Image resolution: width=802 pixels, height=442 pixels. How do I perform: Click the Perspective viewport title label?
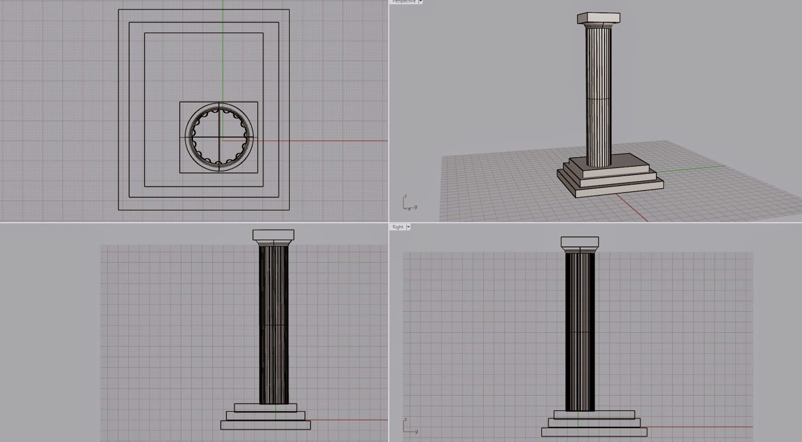[404, 2]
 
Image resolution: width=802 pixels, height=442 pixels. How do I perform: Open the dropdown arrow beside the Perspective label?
[421, 2]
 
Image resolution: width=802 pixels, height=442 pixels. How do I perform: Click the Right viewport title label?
[398, 227]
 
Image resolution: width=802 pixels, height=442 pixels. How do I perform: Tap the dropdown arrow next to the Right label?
[409, 227]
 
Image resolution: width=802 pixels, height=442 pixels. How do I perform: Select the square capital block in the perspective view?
[598, 19]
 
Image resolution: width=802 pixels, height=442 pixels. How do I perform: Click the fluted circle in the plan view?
[219, 137]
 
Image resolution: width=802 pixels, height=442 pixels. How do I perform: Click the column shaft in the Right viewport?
[580, 331]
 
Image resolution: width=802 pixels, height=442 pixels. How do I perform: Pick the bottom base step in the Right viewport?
[593, 431]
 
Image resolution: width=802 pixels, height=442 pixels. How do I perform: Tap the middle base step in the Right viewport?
[593, 422]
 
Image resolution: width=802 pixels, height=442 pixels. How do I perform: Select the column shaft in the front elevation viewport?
[274, 326]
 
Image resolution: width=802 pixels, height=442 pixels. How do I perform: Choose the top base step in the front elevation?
[266, 408]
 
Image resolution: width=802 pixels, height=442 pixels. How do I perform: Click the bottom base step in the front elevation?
[266, 425]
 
